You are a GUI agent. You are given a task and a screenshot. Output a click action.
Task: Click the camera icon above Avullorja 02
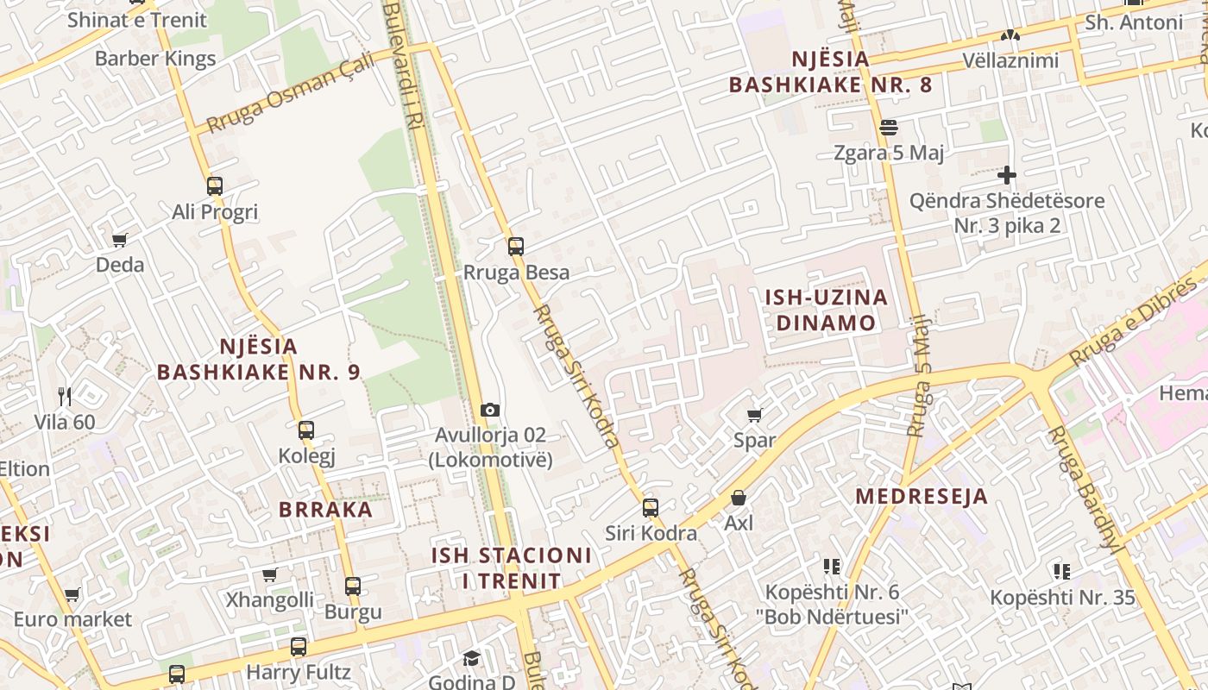pyautogui.click(x=490, y=410)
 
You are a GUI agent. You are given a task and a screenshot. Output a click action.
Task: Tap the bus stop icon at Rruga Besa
pyautogui.click(x=516, y=247)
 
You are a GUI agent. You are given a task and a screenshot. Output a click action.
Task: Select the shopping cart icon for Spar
pyautogui.click(x=755, y=415)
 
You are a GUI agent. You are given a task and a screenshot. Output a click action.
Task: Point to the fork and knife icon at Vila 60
pyautogui.click(x=65, y=397)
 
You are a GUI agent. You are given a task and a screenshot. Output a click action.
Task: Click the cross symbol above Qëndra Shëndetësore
pyautogui.click(x=1006, y=176)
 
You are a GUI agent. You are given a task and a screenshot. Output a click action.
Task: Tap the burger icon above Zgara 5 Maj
pyautogui.click(x=889, y=128)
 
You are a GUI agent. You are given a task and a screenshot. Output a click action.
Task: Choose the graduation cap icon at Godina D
pyautogui.click(x=471, y=659)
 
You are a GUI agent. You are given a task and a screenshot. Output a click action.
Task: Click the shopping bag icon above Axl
pyautogui.click(x=739, y=498)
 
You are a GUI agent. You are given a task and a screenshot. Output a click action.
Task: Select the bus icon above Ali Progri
pyautogui.click(x=215, y=186)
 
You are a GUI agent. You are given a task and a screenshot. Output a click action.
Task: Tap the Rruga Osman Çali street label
pyautogui.click(x=291, y=91)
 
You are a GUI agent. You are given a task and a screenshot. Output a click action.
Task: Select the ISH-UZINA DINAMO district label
pyautogui.click(x=826, y=310)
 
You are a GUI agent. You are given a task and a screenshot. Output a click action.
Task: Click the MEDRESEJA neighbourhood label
pyautogui.click(x=922, y=497)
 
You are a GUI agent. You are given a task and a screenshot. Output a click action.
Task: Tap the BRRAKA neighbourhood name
pyautogui.click(x=325, y=509)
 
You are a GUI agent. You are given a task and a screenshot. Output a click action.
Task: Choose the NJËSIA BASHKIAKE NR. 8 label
pyautogui.click(x=830, y=72)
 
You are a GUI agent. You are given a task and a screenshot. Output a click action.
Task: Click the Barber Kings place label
pyautogui.click(x=155, y=59)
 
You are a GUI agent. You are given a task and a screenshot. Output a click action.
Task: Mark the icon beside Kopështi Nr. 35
pyautogui.click(x=1061, y=571)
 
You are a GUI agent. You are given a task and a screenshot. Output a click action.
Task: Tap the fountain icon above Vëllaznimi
pyautogui.click(x=1010, y=36)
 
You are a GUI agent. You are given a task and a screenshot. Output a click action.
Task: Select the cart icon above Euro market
pyautogui.click(x=72, y=594)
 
